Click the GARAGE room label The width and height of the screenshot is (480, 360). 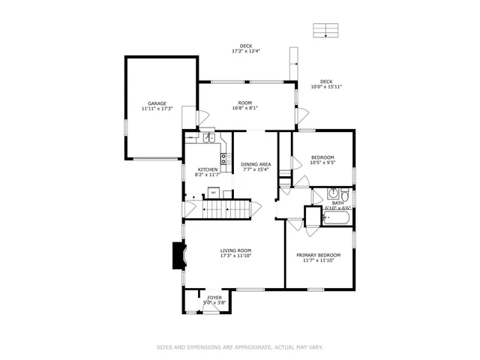(x=157, y=103)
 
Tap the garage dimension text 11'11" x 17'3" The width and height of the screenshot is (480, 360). (x=157, y=109)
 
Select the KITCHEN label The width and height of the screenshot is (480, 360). (x=207, y=169)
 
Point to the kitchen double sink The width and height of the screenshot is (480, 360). (x=208, y=138)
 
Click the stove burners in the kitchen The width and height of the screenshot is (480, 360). (x=223, y=157)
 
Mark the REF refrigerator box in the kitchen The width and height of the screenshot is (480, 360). (x=214, y=193)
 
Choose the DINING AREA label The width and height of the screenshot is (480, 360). (x=256, y=164)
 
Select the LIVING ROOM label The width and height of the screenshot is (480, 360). (x=235, y=250)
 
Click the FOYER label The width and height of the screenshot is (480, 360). (x=214, y=298)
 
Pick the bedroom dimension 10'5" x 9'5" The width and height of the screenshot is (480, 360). (x=322, y=162)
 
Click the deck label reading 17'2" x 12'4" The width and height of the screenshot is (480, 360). (x=245, y=51)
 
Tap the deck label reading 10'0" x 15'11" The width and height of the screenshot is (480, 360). (x=326, y=87)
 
